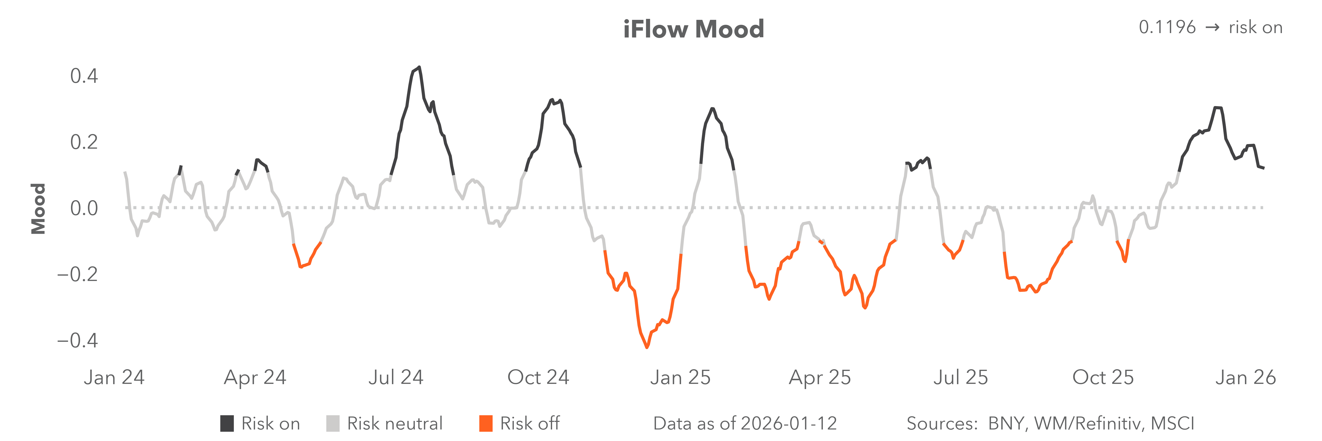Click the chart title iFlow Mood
(693, 29)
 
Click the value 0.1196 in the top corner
(1167, 27)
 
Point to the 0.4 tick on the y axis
(84, 76)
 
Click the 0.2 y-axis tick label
(84, 142)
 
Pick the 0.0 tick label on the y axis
(84, 208)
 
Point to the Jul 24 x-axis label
(396, 377)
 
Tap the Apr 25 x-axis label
(820, 377)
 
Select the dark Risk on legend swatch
(227, 424)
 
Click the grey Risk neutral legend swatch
(332, 424)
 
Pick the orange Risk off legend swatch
(485, 424)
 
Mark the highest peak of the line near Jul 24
(419, 67)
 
